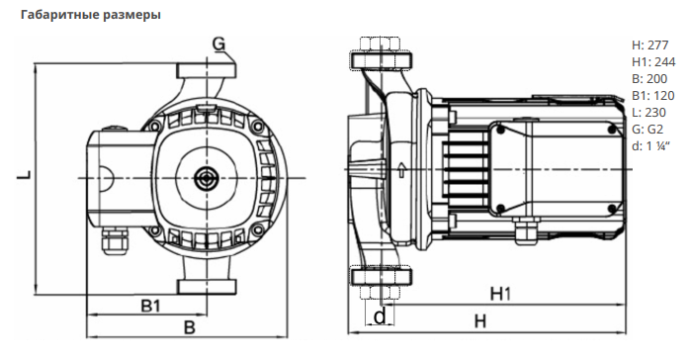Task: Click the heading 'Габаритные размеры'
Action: (x=91, y=15)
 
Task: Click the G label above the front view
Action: (x=218, y=44)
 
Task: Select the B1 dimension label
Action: (x=150, y=306)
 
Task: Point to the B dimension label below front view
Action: (x=189, y=327)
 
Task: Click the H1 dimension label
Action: (x=501, y=294)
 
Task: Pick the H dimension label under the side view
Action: (x=480, y=321)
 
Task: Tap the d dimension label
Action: (x=381, y=316)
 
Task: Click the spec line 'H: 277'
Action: (x=649, y=45)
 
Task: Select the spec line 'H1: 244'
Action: (x=653, y=62)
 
